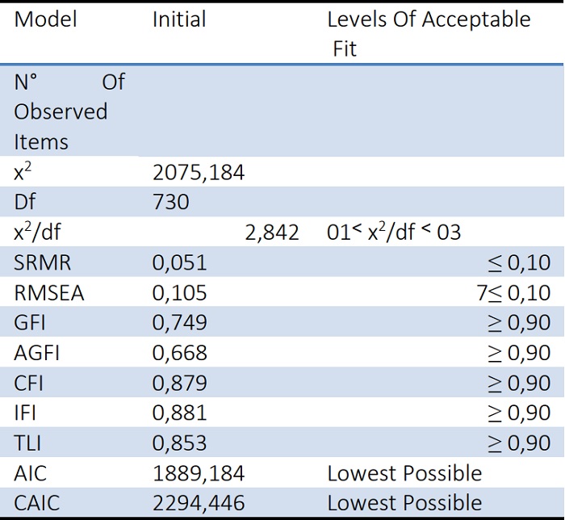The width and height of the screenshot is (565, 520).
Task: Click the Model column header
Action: click(46, 19)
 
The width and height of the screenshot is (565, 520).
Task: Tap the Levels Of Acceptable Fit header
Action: click(428, 34)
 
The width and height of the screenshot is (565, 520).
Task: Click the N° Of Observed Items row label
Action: click(69, 111)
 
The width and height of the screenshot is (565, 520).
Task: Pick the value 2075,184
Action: click(199, 172)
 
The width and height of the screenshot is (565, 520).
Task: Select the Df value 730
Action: click(170, 202)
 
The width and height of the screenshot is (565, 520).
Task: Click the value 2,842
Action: click(271, 233)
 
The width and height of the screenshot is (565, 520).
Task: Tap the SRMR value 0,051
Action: click(180, 262)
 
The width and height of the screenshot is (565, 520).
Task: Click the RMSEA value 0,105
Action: click(180, 292)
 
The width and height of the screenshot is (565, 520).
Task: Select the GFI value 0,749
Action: click(180, 322)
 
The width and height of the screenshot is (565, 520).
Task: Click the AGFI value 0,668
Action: click(180, 353)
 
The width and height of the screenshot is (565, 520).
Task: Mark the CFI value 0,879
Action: click(180, 383)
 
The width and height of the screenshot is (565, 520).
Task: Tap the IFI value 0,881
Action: click(180, 413)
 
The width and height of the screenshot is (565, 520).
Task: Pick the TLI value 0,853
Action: click(180, 442)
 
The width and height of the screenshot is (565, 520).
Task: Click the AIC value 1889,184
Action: click(199, 473)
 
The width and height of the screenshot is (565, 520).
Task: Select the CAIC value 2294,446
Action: click(199, 503)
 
